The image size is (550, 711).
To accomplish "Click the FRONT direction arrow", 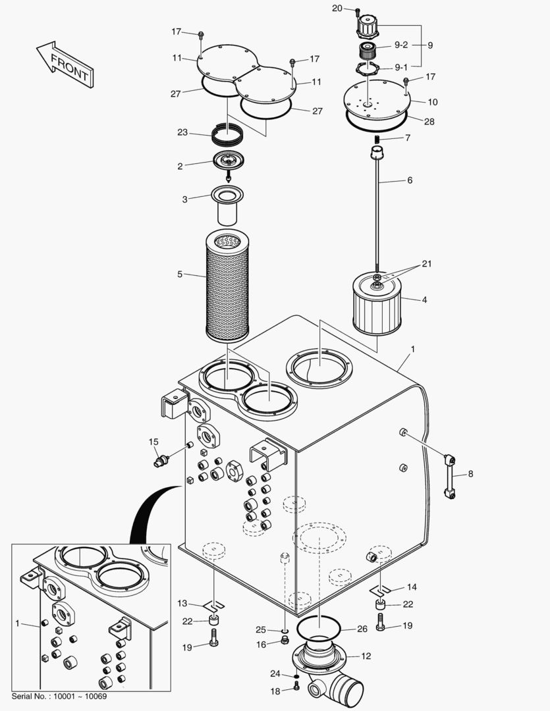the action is [65, 65].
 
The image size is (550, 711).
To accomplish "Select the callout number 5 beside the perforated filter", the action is [180, 275].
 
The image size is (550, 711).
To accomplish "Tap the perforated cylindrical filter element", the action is [227, 286].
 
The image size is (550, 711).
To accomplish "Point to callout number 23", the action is [182, 132].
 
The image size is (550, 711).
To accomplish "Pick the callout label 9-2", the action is [401, 45].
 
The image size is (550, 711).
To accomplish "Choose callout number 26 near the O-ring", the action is [362, 629].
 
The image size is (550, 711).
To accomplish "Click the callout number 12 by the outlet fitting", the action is [366, 656].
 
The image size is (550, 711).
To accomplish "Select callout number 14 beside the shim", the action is [412, 587].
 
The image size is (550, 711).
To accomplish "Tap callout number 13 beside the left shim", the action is [182, 604].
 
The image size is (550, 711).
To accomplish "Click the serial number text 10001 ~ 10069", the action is [80, 696].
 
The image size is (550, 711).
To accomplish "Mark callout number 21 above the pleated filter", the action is [427, 263].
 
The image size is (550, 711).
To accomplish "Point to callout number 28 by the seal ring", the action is [429, 122].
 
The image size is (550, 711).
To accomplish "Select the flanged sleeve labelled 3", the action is [227, 206].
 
